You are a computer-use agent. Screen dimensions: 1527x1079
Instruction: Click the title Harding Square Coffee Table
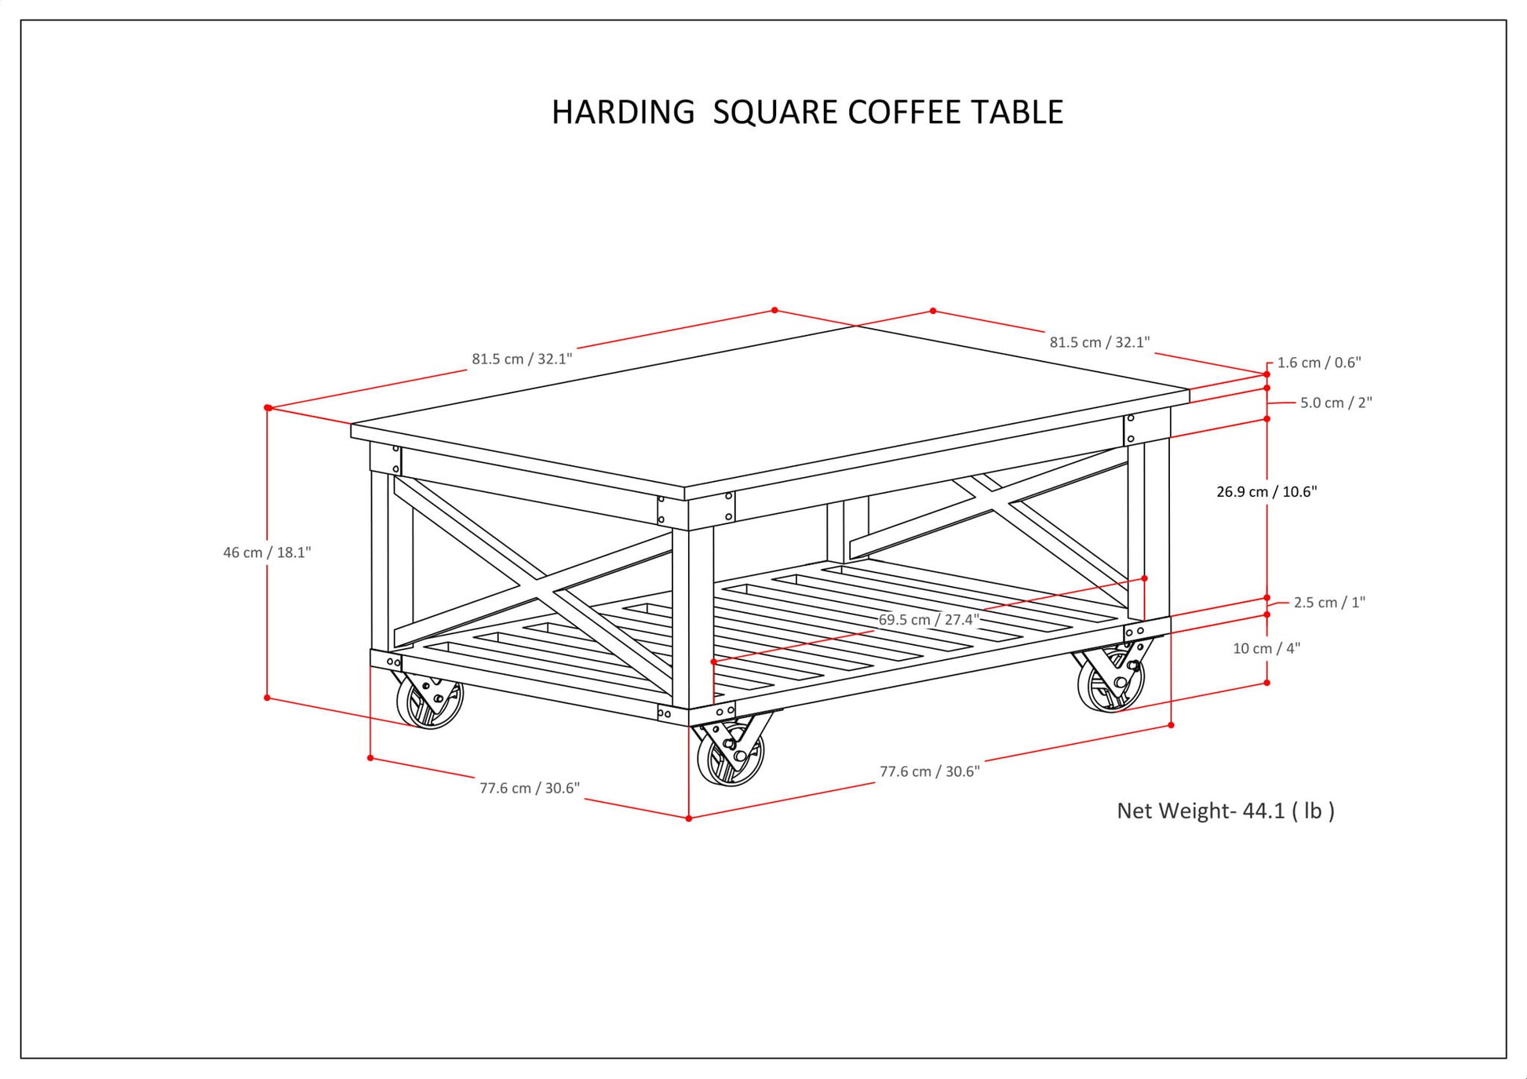tap(807, 112)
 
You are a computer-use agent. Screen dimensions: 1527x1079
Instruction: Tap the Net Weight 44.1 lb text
tap(1225, 811)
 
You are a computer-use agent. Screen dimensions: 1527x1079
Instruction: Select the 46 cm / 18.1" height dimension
tap(267, 552)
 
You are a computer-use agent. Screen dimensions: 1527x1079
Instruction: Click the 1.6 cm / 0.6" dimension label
tap(1319, 363)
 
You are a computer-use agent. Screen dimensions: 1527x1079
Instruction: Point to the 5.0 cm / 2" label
tap(1336, 403)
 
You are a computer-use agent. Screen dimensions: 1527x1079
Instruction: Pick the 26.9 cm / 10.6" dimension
tap(1266, 492)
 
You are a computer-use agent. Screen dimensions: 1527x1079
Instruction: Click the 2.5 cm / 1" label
tap(1329, 603)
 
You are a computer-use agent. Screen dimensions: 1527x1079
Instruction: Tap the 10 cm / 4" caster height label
tap(1266, 648)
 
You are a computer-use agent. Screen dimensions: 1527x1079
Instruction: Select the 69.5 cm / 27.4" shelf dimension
tap(928, 620)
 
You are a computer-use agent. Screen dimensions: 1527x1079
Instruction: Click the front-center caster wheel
tap(730, 756)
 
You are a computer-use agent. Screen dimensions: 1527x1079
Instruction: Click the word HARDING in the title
tap(623, 112)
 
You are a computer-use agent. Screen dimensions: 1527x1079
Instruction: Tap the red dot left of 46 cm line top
tap(268, 408)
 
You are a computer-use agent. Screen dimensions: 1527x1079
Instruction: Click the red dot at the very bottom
tap(689, 818)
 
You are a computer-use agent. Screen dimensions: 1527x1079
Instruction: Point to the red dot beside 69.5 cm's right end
tap(1144, 578)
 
